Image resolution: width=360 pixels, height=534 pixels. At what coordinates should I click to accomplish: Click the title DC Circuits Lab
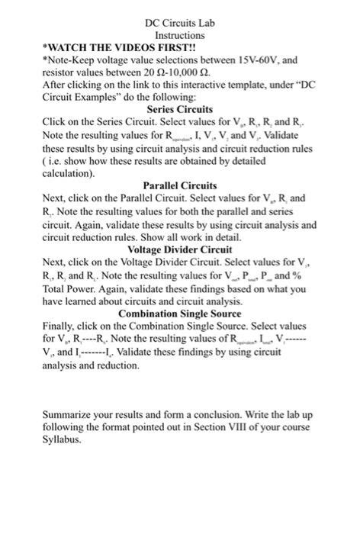[x=180, y=24]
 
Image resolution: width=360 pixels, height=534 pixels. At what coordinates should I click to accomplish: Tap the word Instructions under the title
[x=180, y=35]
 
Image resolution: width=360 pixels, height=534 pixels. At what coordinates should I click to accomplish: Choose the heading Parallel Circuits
[x=180, y=185]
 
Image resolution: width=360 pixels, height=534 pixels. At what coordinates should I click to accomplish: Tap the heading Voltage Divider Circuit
[x=180, y=249]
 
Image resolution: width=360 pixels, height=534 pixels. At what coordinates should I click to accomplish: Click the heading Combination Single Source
[x=180, y=314]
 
